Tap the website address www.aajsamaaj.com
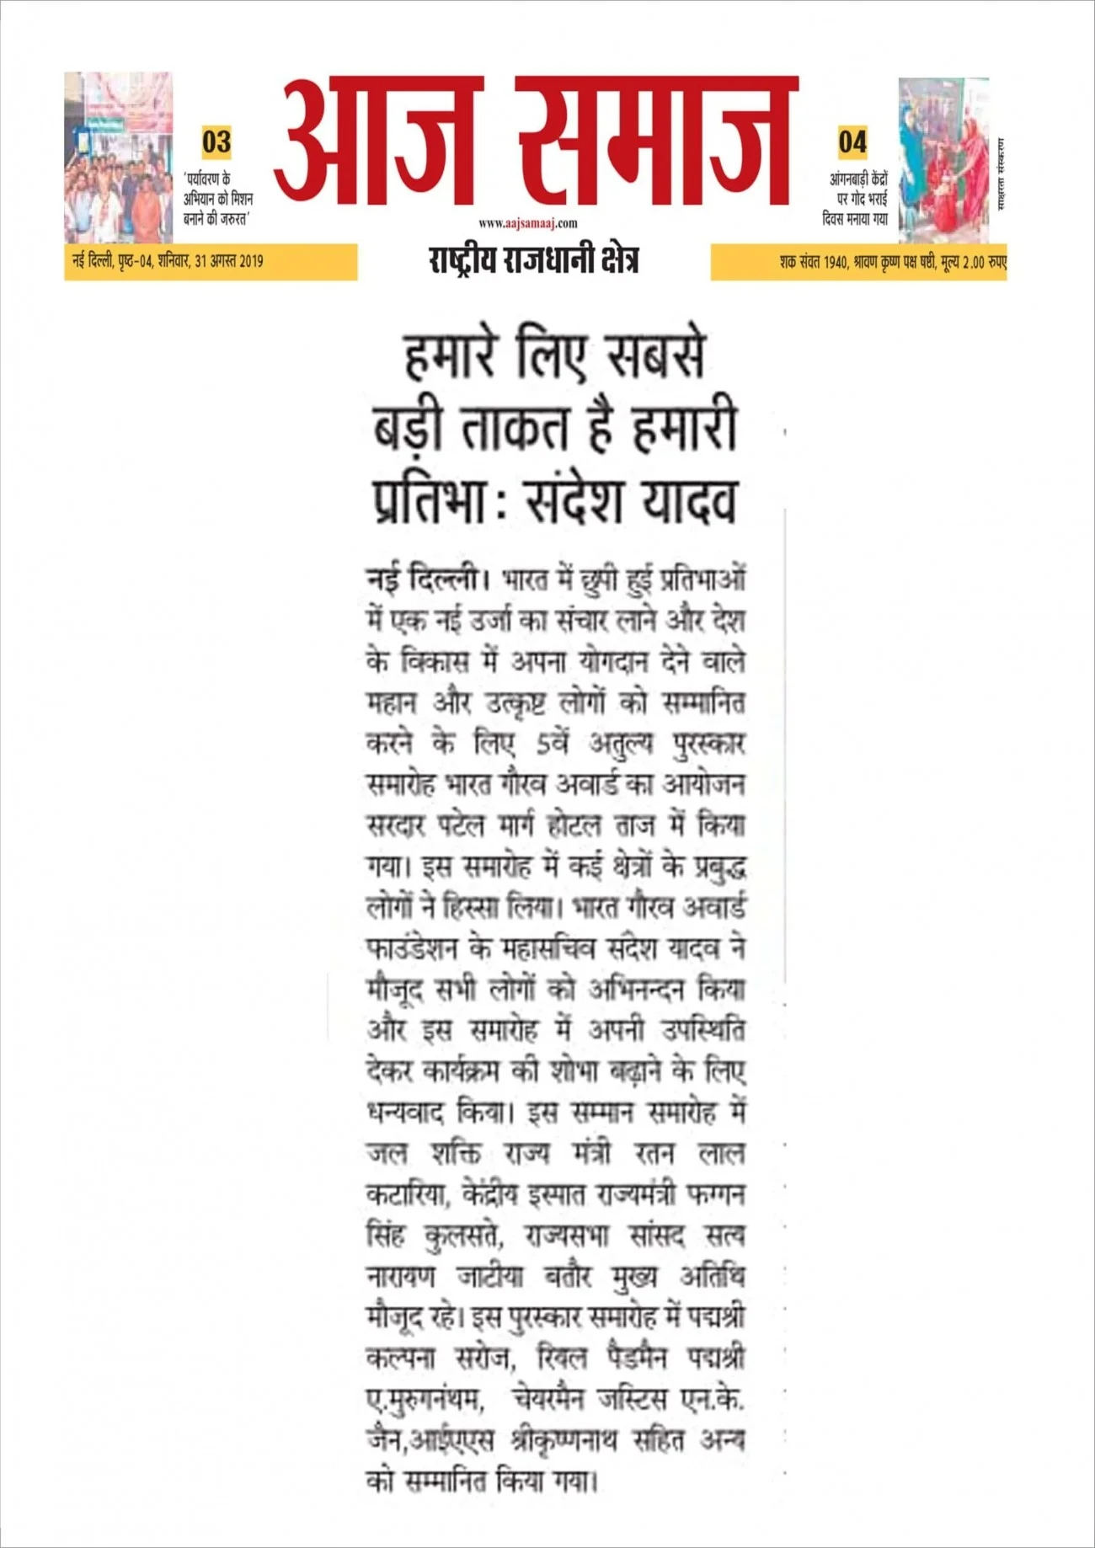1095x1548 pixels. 528,223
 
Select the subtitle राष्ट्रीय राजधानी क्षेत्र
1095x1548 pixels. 533,259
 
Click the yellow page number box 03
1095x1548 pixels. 216,142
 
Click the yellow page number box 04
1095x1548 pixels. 852,142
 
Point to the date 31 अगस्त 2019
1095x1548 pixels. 228,261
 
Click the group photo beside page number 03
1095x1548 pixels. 119,157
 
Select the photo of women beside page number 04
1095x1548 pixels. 943,160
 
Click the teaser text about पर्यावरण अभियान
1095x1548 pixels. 218,199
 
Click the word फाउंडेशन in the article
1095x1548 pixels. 413,949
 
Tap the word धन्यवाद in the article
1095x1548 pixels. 406,1113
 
